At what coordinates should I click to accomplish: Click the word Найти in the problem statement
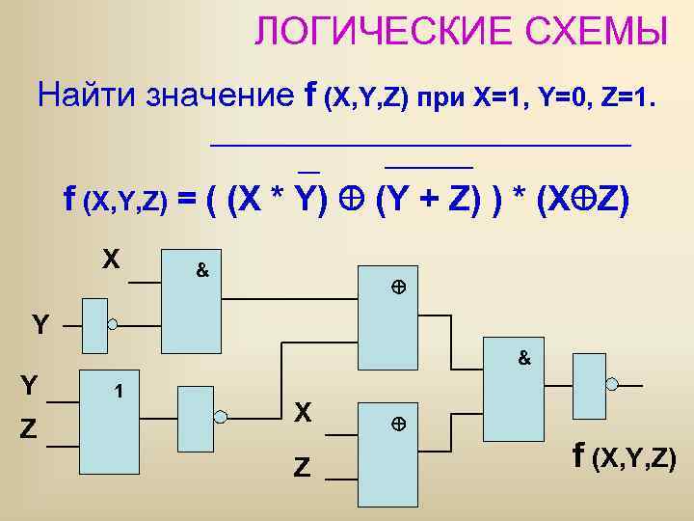(x=88, y=96)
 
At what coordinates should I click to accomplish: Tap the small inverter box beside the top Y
(x=94, y=326)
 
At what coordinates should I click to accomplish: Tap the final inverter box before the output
(x=588, y=384)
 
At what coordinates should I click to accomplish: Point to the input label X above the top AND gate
(x=112, y=260)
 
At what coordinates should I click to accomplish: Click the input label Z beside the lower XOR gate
(x=302, y=468)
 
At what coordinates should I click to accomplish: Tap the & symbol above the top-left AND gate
(x=202, y=271)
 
